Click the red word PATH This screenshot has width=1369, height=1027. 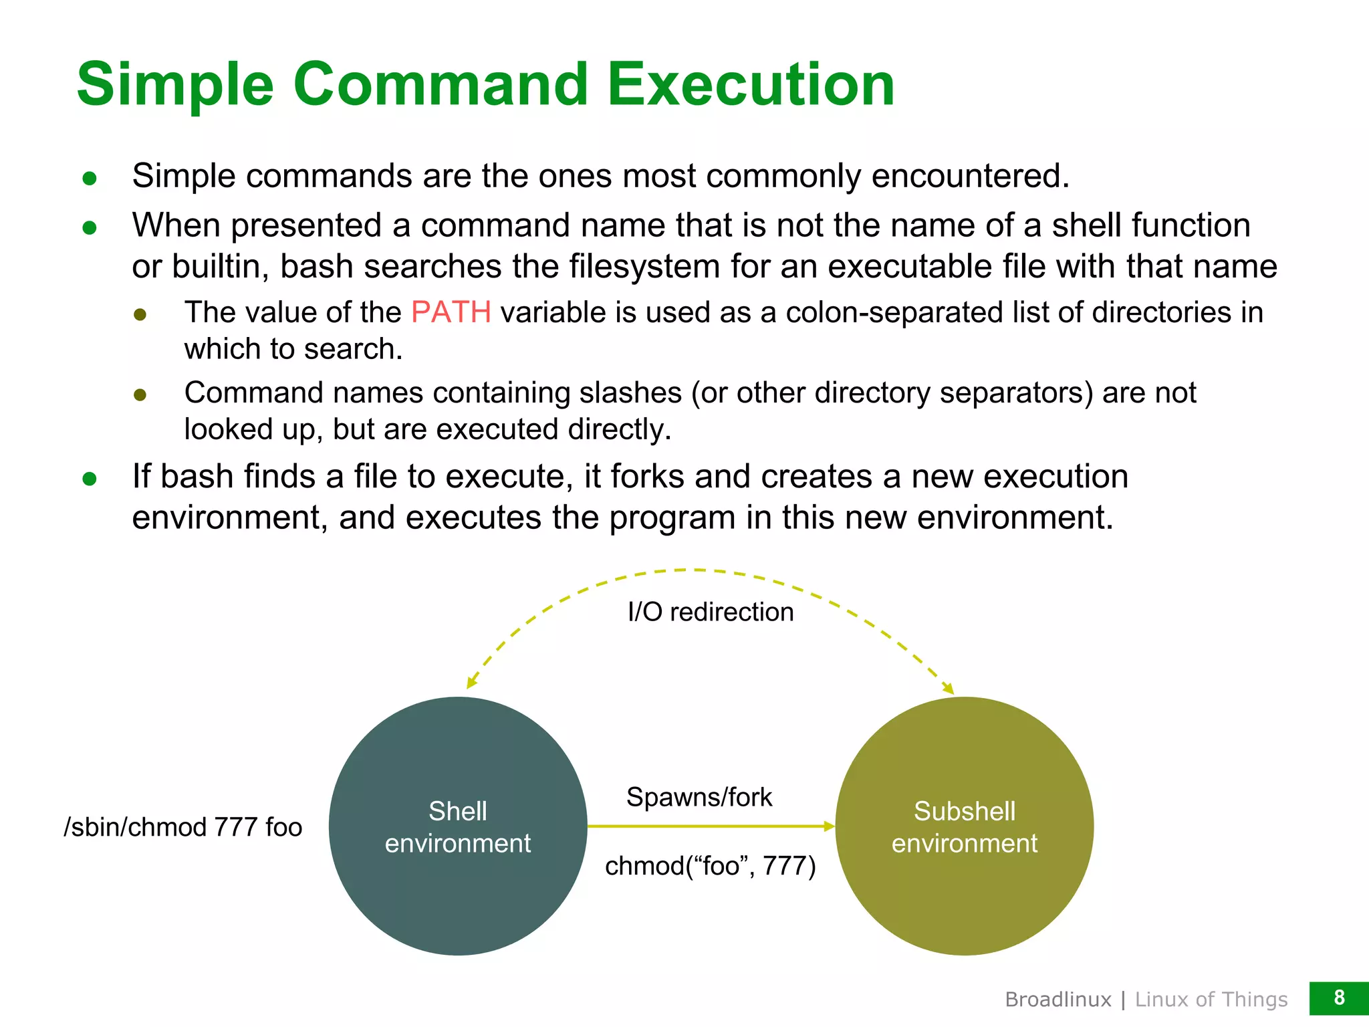[451, 313]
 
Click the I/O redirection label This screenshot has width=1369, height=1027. [711, 612]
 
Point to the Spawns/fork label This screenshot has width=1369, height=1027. [699, 797]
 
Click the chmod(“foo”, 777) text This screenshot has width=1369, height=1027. [711, 866]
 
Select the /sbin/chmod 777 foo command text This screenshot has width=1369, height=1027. [183, 827]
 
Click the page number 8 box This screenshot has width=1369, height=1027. [1338, 998]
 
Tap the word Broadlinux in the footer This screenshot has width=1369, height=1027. [1058, 1000]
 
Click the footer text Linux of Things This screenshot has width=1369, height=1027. [1211, 1000]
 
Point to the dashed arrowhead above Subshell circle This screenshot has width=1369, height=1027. [948, 688]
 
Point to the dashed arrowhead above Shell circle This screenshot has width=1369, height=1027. [472, 681]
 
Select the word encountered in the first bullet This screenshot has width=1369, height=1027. [970, 177]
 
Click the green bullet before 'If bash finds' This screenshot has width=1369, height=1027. [90, 479]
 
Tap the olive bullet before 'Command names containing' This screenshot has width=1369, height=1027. [140, 394]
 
